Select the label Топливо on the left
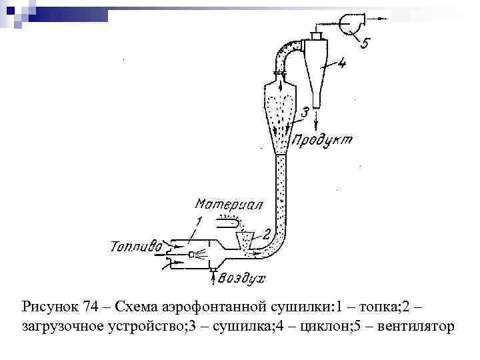click(136, 247)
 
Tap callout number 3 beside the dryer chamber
click(304, 113)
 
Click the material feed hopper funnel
click(247, 237)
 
